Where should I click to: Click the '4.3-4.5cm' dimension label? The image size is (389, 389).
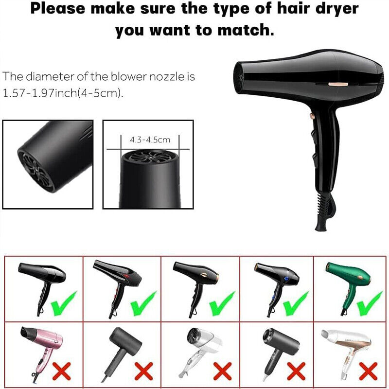coord(150,140)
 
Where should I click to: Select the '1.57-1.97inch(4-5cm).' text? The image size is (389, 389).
coord(63,93)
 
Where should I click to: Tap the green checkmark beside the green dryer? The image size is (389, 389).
coord(370,304)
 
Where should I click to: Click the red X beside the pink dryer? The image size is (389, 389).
coord(62,371)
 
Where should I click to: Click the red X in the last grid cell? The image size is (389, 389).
coord(369,371)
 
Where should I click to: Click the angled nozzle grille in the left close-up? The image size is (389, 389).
coord(36,171)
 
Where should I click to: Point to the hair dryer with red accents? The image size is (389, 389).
coord(117,288)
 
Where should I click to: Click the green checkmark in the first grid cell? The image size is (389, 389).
coord(64,304)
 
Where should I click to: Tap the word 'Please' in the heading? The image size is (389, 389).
coord(57,9)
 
